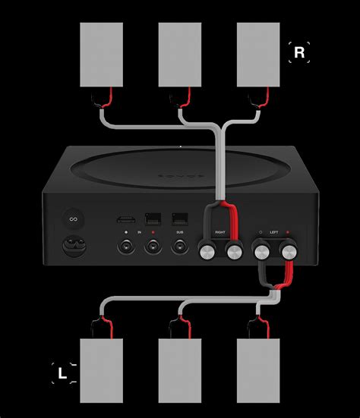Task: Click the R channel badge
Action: coord(298,52)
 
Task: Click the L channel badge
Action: coord(63,372)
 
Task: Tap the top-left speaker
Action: coord(101,55)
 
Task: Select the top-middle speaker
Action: coord(179,55)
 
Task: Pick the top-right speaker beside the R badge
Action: coord(258,55)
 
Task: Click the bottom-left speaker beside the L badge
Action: coord(101,369)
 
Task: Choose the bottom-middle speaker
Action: coord(179,369)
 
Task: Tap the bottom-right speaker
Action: coord(258,369)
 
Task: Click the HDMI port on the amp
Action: coord(126,218)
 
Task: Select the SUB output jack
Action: coord(180,246)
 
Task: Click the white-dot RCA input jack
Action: coord(126,246)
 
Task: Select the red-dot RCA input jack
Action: coord(153,246)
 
